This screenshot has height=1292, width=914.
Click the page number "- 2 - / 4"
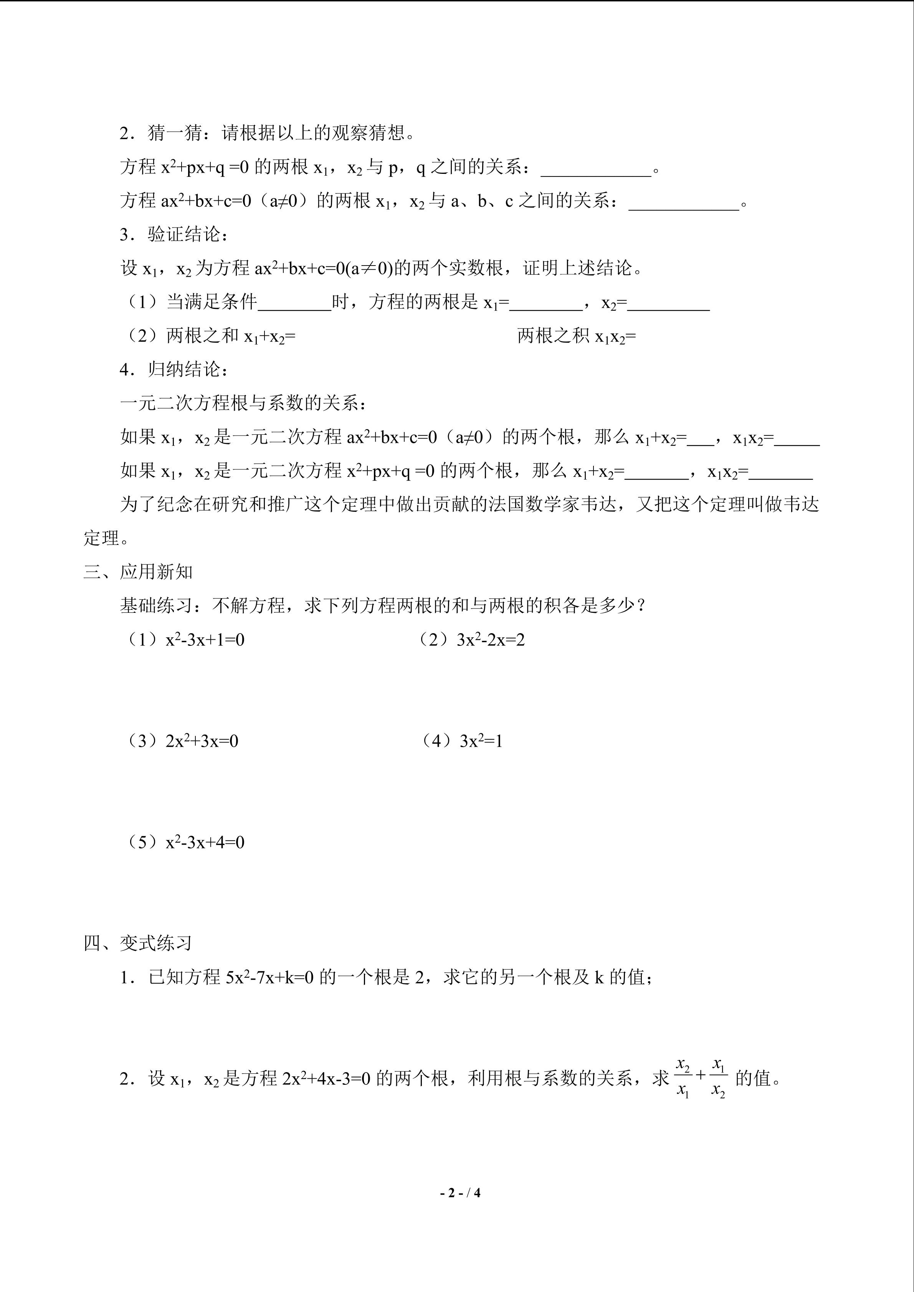(x=460, y=1192)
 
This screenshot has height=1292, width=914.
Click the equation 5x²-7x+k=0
(x=269, y=977)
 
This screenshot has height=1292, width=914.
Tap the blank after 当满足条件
(x=294, y=304)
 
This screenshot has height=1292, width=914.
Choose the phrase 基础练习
(x=156, y=606)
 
